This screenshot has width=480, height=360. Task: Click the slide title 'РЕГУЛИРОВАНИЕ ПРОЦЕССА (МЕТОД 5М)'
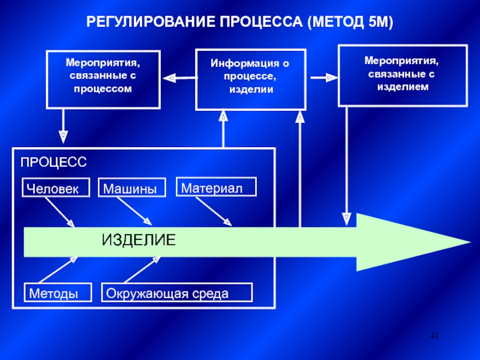[240, 23]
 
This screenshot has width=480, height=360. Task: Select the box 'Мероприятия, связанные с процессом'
[103, 79]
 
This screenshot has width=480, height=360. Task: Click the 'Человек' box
[56, 188]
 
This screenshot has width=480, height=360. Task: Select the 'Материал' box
[215, 187]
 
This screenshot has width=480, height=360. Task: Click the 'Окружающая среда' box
[177, 293]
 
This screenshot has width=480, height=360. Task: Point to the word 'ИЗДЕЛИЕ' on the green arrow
[139, 240]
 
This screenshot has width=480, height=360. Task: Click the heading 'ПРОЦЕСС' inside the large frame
[54, 163]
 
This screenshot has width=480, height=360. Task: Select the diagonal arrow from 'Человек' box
[59, 212]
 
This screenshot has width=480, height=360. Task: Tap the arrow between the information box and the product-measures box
[323, 77]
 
